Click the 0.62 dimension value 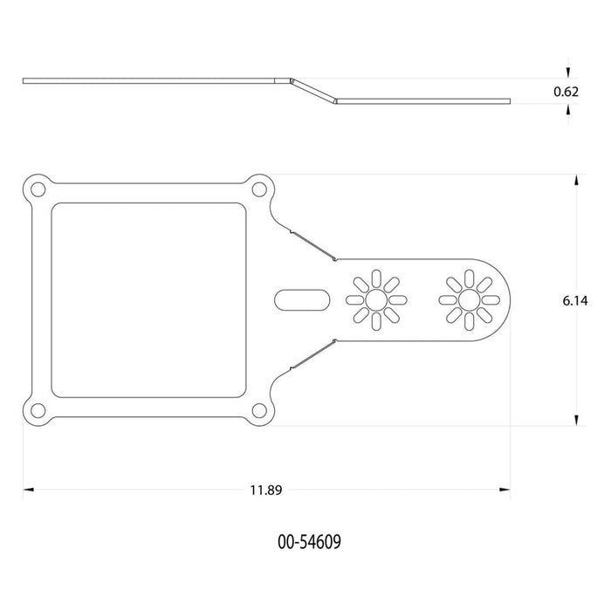tap(566, 92)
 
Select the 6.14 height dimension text tap(575, 301)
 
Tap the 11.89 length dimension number tap(265, 490)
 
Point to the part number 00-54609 tap(309, 542)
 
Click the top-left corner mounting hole tap(38, 189)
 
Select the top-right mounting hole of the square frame tap(259, 189)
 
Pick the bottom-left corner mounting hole tap(38, 411)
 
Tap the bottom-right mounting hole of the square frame tap(259, 411)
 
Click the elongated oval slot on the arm tap(302, 300)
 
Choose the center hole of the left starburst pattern tap(376, 300)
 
